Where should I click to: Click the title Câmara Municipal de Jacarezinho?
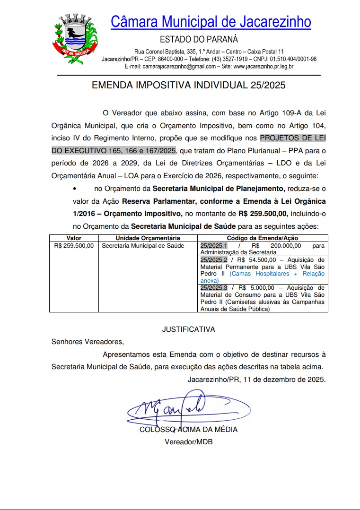pos(211,22)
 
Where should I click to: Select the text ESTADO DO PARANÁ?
pos(199,39)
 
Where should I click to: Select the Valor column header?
pos(74,238)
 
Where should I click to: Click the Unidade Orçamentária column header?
pos(148,238)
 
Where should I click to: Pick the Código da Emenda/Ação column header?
pos(262,238)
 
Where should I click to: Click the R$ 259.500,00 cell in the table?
pos(74,246)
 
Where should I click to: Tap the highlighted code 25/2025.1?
pos(214,246)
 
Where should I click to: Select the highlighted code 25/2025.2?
pos(214,260)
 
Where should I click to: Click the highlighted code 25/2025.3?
pos(214,288)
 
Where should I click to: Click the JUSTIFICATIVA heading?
pos(188,329)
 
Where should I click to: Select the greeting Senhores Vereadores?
pos(87,342)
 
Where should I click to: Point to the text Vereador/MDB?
pos(188,442)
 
